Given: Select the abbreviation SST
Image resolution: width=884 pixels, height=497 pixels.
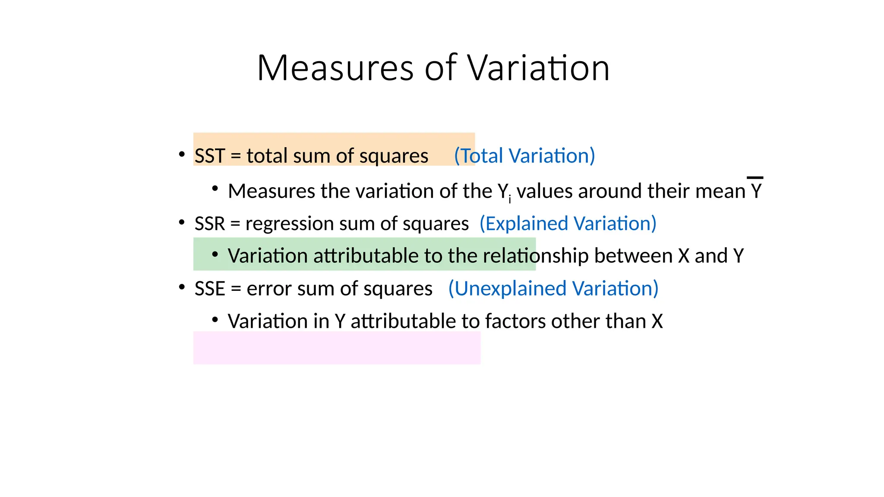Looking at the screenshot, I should pyautogui.click(x=210, y=156).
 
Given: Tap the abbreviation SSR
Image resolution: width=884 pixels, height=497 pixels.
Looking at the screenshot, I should pyautogui.click(x=210, y=223).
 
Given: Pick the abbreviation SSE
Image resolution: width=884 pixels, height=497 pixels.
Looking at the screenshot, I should pyautogui.click(x=210, y=289).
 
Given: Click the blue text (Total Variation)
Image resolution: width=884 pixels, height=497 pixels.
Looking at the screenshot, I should pyautogui.click(x=524, y=156).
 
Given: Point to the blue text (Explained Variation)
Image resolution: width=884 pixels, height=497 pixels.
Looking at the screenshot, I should pyautogui.click(x=568, y=223).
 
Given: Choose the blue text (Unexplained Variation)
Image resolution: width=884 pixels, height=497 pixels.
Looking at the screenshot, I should pyautogui.click(x=553, y=289).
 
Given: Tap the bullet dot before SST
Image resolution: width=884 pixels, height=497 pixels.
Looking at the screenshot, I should pyautogui.click(x=182, y=154).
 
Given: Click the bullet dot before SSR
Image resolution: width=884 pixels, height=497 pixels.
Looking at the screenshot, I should pyautogui.click(x=182, y=222).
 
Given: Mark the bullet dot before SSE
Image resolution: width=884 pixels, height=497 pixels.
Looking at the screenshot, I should pyautogui.click(x=182, y=287).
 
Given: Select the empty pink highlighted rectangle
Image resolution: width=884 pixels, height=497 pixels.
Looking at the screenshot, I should pyautogui.click(x=337, y=348).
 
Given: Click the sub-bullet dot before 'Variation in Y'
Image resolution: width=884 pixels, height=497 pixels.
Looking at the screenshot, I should pyautogui.click(x=215, y=320).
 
